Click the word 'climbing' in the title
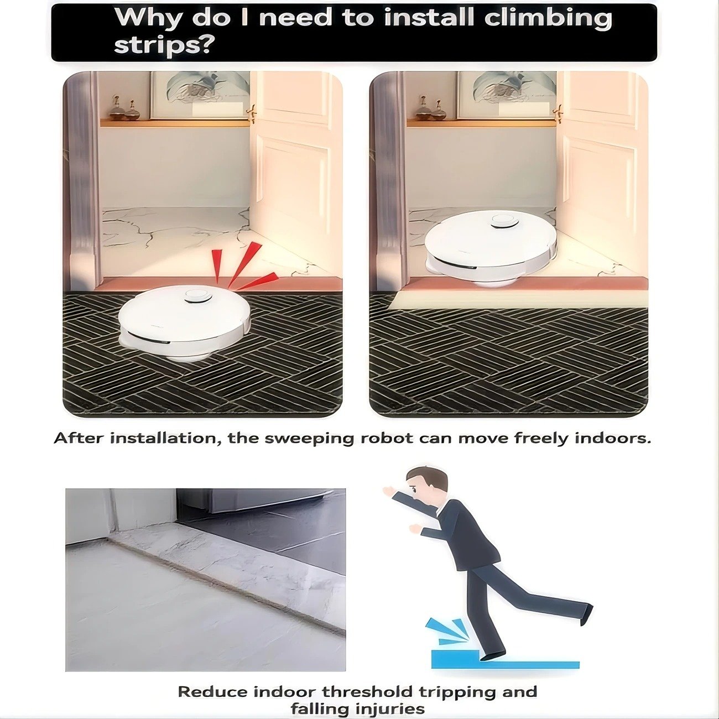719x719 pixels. [x=548, y=18]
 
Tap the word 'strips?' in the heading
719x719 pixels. [x=164, y=45]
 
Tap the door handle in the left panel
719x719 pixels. [x=252, y=113]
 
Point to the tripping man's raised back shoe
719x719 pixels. [x=586, y=612]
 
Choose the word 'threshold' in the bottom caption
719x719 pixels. [x=367, y=692]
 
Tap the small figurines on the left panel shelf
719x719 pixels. [x=124, y=110]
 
